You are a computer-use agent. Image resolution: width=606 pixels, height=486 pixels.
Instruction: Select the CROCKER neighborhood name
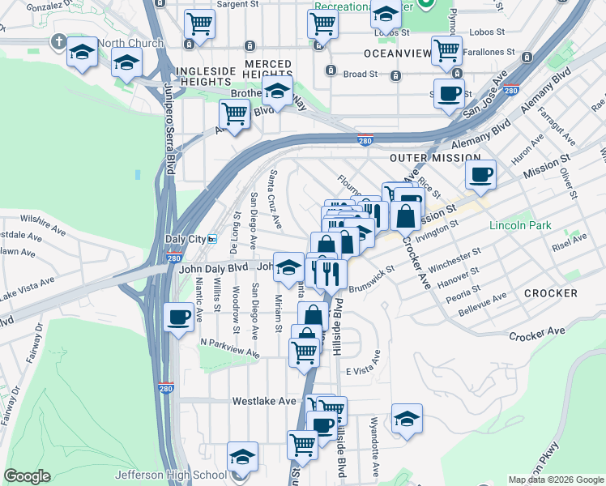pyautogui.click(x=550, y=292)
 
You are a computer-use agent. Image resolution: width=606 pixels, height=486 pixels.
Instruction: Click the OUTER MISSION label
pyautogui.click(x=435, y=158)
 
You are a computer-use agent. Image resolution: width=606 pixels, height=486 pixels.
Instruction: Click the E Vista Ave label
pyautogui.click(x=362, y=370)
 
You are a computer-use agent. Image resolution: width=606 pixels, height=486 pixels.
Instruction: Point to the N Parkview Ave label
pyautogui.click(x=230, y=347)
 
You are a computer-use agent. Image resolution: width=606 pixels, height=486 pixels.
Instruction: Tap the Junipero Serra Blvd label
pyautogui.click(x=170, y=130)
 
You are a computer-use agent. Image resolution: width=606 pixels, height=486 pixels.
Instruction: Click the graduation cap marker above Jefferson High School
pyautogui.click(x=242, y=456)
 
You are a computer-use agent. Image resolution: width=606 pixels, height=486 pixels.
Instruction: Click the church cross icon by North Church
pyautogui.click(x=59, y=40)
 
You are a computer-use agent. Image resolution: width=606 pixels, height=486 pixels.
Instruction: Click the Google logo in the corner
pyautogui.click(x=27, y=476)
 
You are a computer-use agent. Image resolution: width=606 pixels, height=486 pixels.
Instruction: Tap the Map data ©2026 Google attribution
pyautogui.click(x=556, y=480)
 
